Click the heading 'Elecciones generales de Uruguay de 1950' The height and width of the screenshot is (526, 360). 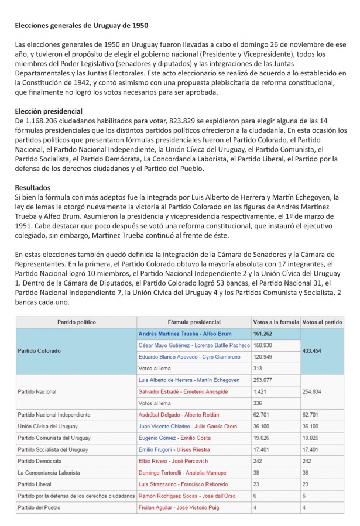pyautogui.click(x=81, y=26)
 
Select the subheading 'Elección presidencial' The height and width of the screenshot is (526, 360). pyautogui.click(x=49, y=111)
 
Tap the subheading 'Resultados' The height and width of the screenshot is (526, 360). pyautogui.click(x=34, y=187)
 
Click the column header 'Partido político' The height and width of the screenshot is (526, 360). pyautogui.click(x=76, y=322)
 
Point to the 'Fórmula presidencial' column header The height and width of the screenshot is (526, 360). pyautogui.click(x=194, y=322)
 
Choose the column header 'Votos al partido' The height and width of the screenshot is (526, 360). pyautogui.click(x=323, y=322)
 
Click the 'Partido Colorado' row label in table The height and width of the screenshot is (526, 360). pyautogui.click(x=39, y=351)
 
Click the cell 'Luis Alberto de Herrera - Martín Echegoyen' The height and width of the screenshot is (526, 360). pyautogui.click(x=188, y=380)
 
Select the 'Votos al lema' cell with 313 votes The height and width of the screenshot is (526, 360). pyautogui.click(x=155, y=369)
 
